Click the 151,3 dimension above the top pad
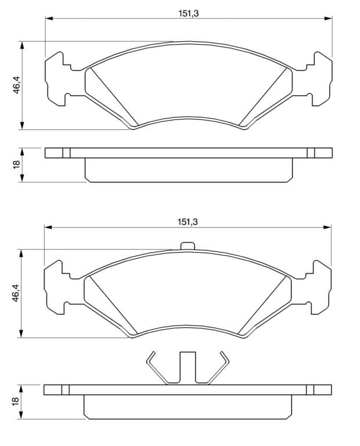coord(188,13)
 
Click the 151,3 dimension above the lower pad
coord(188,222)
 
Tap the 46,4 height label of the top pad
coord(17,85)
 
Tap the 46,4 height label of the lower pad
coord(16,293)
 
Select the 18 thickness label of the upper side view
coord(16,164)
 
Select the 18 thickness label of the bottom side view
coord(16,401)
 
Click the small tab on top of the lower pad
coord(188,246)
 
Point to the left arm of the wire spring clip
coord(156,368)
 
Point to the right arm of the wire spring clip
coord(219,368)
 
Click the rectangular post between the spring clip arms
coord(188,368)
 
